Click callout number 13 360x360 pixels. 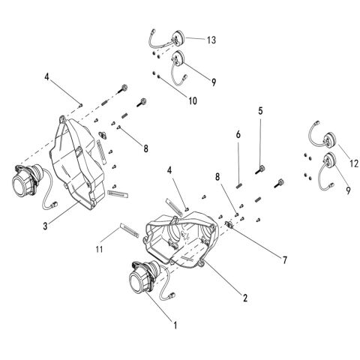(x=211, y=40)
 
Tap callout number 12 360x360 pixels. (x=354, y=163)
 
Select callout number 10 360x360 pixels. (x=193, y=100)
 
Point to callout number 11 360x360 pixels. (x=99, y=249)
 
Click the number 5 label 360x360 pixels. (x=260, y=111)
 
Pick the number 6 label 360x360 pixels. (x=238, y=134)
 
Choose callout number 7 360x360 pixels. (x=285, y=260)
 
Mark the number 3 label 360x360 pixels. (x=45, y=226)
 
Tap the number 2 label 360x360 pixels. (x=245, y=298)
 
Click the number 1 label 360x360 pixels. (x=175, y=325)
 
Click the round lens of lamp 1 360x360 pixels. (x=136, y=284)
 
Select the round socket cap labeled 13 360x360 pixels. (x=179, y=37)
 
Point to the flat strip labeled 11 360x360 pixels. (x=129, y=230)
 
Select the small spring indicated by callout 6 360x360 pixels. (x=239, y=186)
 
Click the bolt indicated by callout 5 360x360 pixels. (x=260, y=169)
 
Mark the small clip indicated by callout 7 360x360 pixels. (x=229, y=224)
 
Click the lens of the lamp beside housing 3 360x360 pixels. (x=20, y=186)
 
